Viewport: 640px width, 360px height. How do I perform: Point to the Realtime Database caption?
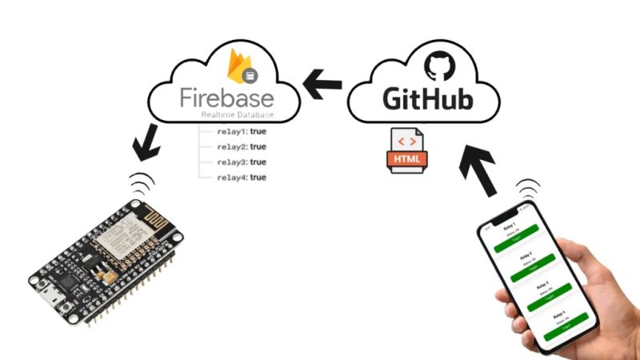click(x=237, y=117)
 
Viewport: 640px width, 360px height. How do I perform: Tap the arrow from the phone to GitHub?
click(x=479, y=169)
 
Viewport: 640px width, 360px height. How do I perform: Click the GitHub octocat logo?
click(x=437, y=66)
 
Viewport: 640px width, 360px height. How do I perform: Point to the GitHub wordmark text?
click(x=427, y=99)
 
